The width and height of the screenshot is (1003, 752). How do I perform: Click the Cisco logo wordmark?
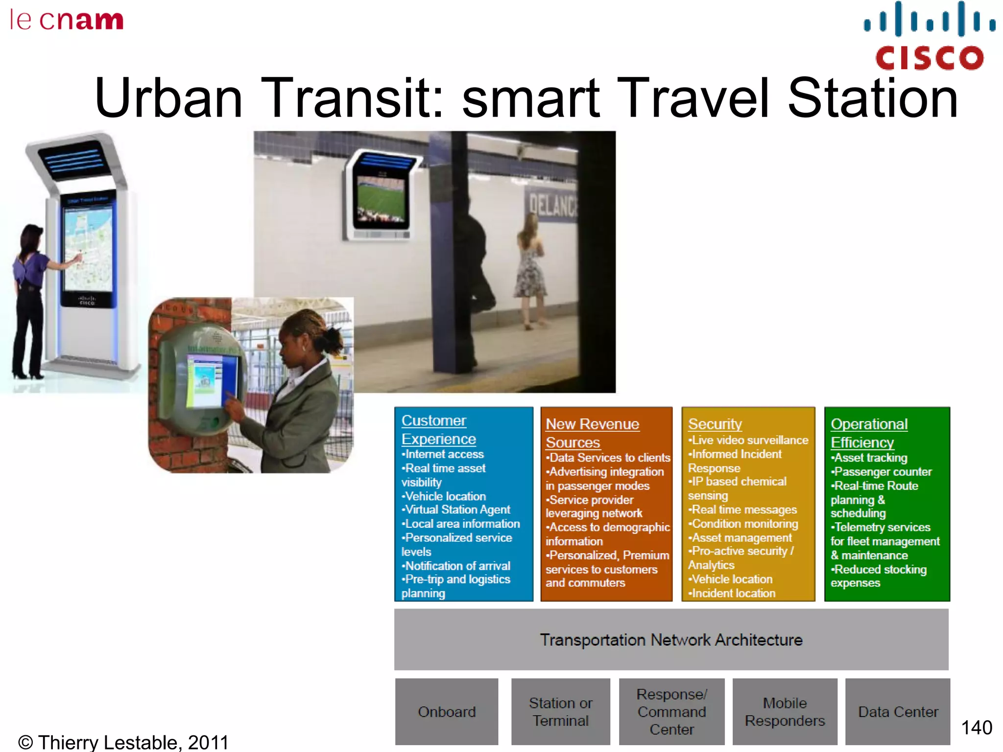click(929, 58)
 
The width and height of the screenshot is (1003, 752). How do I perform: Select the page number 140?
click(976, 728)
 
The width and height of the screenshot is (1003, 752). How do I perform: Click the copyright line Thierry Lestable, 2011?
click(123, 742)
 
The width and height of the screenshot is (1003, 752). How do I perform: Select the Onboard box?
click(447, 711)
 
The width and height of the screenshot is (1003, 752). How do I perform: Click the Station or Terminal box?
click(561, 711)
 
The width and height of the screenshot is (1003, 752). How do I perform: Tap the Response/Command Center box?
click(671, 711)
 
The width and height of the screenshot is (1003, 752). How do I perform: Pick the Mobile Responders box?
click(785, 711)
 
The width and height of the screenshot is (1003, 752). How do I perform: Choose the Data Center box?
click(898, 711)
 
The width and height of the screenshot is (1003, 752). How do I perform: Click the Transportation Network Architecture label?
click(671, 639)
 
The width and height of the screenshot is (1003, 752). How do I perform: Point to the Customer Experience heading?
click(438, 430)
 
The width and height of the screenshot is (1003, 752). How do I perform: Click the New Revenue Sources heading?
click(592, 433)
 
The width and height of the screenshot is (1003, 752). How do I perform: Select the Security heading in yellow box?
click(715, 424)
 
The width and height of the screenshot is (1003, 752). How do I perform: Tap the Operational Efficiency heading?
click(868, 433)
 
